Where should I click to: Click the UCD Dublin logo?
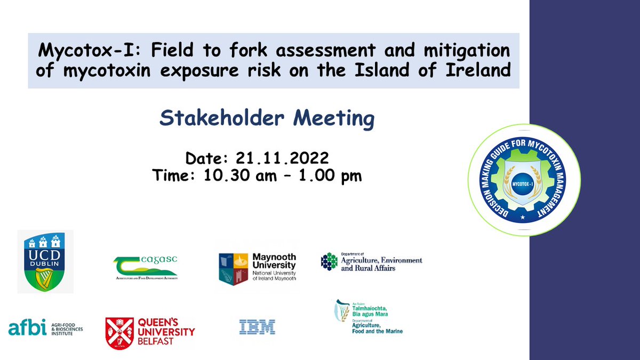(45, 261)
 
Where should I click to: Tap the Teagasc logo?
(146, 266)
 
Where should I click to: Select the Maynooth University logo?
(258, 267)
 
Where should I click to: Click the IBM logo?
(257, 327)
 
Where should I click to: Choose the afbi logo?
(45, 327)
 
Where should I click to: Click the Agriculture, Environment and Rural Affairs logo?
(371, 262)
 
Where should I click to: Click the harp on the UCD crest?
(45, 277)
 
